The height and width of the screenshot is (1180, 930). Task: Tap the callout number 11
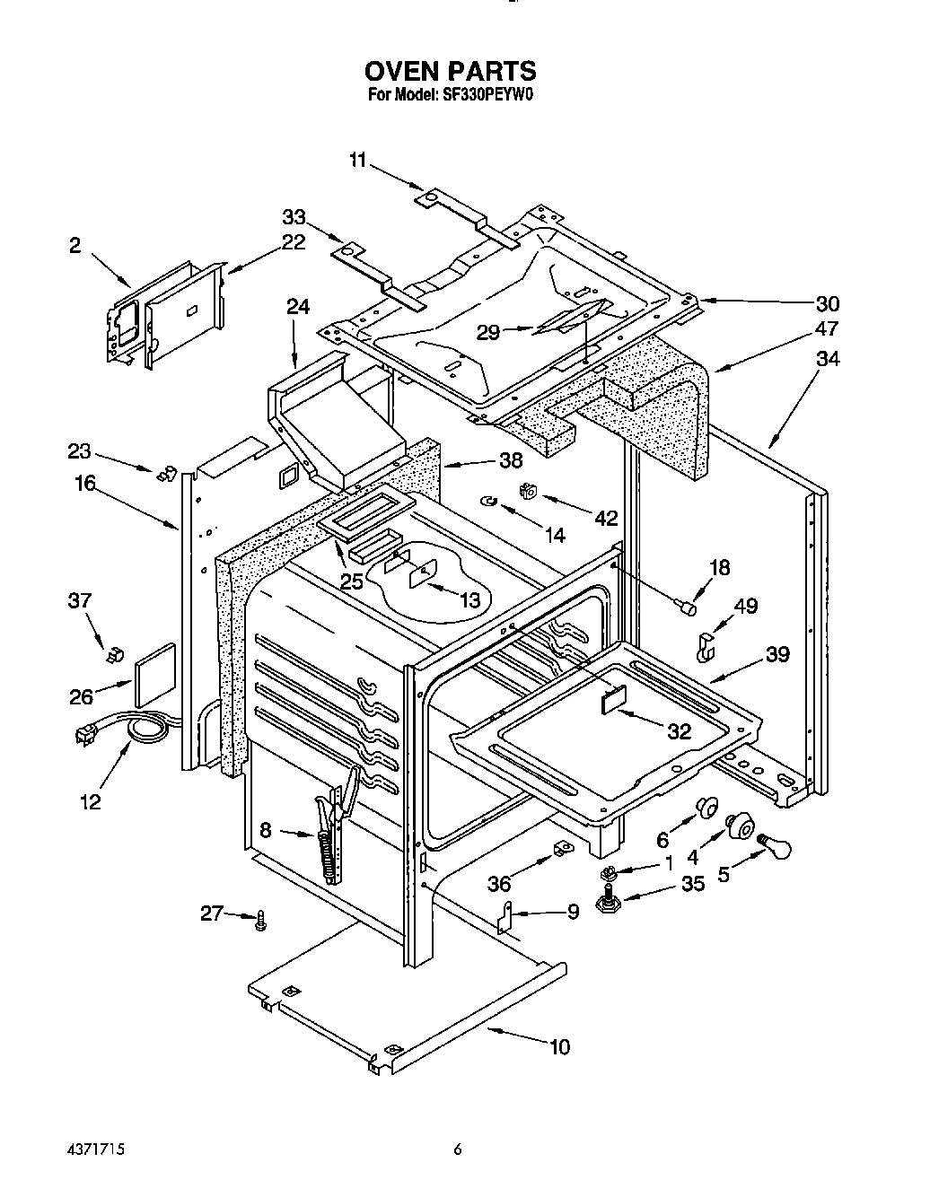358,160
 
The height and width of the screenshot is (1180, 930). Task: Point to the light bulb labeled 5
776,844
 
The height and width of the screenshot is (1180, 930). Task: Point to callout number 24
298,307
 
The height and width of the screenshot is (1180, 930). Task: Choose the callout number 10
559,1046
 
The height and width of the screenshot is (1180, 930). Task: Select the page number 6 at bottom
458,1149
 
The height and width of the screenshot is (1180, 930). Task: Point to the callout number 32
680,731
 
